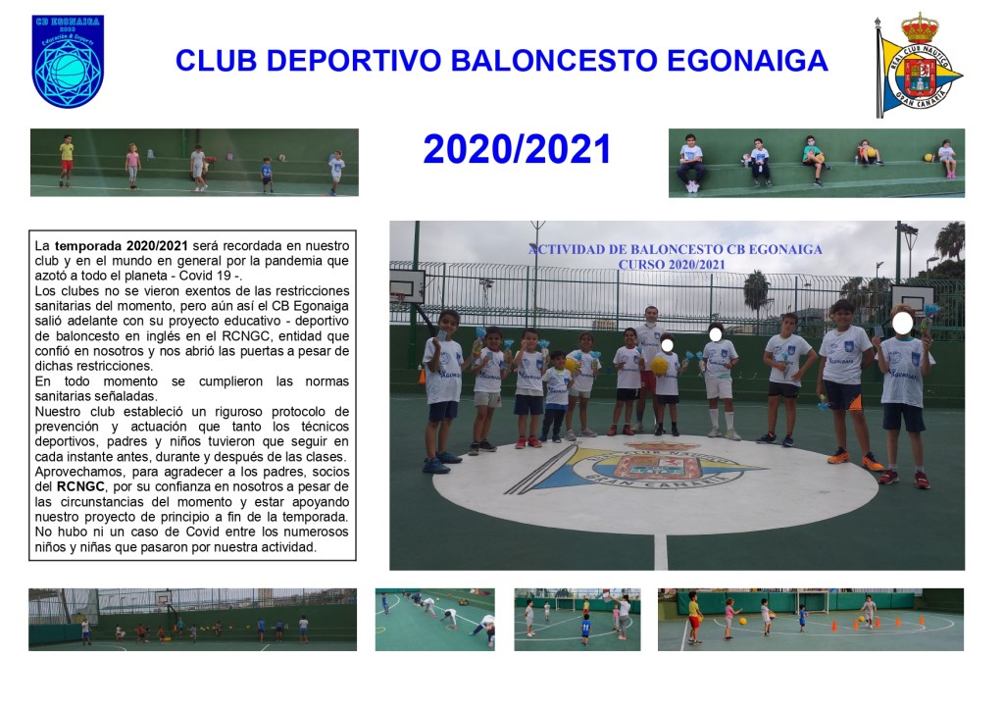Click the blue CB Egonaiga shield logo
point(68,62)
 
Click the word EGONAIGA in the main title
point(747,61)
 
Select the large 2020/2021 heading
point(517,149)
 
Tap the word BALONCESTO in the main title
point(554,61)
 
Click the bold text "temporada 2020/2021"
point(122,246)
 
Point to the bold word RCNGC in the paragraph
point(80,486)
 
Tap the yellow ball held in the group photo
point(660,366)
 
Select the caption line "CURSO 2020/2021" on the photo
point(672,265)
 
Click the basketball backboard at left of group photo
point(408,285)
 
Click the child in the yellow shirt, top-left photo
point(67,160)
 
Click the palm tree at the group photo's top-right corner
point(950,240)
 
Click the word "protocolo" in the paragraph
point(311,412)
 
